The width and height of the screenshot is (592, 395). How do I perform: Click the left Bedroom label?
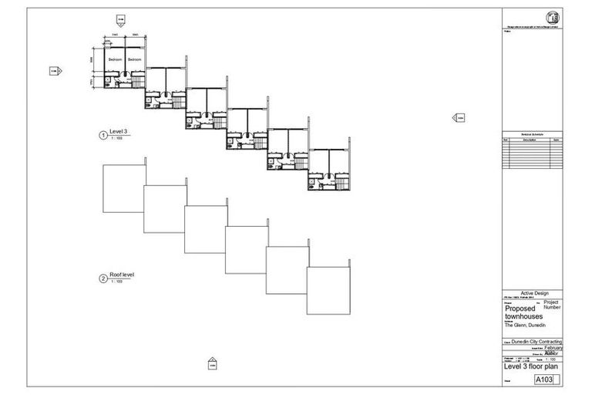pos(115,59)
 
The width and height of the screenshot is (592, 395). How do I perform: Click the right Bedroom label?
pos(135,59)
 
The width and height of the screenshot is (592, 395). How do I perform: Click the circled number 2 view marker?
pos(103,279)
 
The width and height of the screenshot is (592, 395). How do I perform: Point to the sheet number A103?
pos(544,380)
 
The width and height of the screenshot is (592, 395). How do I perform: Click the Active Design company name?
pos(532,292)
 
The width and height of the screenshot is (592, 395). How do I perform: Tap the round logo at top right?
pos(553,18)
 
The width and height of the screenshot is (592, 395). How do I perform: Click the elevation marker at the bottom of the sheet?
pos(213,362)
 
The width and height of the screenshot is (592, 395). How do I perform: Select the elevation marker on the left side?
pos(55,71)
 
